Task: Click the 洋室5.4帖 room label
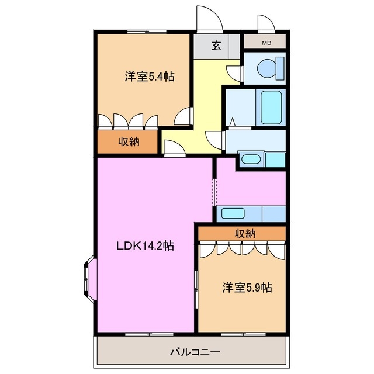150,77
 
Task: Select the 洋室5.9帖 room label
246,287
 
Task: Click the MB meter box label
266,43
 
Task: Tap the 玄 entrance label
216,46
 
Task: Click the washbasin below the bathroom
251,158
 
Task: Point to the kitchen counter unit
250,213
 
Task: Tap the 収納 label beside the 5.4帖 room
129,141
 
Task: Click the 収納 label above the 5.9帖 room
245,233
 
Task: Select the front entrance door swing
209,19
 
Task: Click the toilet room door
235,72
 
